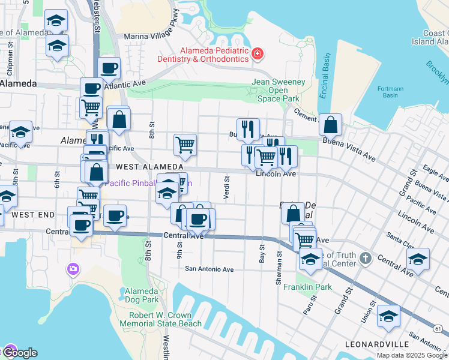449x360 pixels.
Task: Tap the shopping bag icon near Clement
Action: pos(330,124)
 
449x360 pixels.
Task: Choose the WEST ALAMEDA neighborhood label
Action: pos(149,166)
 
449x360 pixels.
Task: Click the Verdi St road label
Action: pos(227,187)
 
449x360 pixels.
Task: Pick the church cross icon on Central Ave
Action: pos(366,259)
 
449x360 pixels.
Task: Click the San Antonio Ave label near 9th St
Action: pos(209,269)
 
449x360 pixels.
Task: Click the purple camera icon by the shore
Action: pos(74,268)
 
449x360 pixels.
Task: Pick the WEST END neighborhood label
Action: pos(34,214)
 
